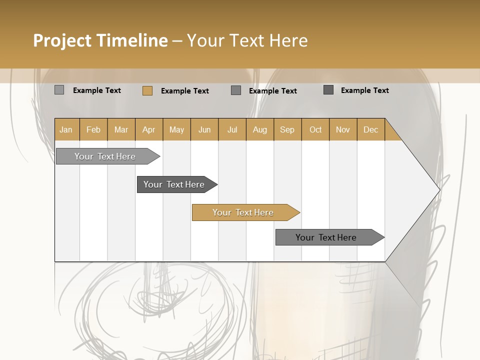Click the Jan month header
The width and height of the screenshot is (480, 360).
point(66,129)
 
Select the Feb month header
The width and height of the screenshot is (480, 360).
point(93,129)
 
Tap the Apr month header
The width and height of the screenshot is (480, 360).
point(149,129)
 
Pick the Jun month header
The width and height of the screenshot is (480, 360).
point(204,129)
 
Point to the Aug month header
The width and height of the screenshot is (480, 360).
point(260,129)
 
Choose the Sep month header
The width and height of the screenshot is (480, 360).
point(287,129)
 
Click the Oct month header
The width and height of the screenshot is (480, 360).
point(315,129)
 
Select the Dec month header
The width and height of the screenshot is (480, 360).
point(371,129)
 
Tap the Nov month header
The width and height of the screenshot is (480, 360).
point(343,129)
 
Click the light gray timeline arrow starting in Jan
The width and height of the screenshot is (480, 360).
point(105,156)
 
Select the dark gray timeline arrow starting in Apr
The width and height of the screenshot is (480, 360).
point(174,184)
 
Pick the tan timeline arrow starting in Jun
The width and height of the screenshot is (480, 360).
point(243,212)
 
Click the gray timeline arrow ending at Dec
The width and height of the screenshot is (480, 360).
point(326,237)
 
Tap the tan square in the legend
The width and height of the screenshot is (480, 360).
point(147,90)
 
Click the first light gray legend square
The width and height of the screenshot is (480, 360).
point(59,90)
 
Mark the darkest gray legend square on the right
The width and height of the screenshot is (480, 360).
point(328,90)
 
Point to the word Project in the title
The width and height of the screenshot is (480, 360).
point(62,40)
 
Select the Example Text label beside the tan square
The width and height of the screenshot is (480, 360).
point(185,91)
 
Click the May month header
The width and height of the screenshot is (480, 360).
point(176,129)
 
